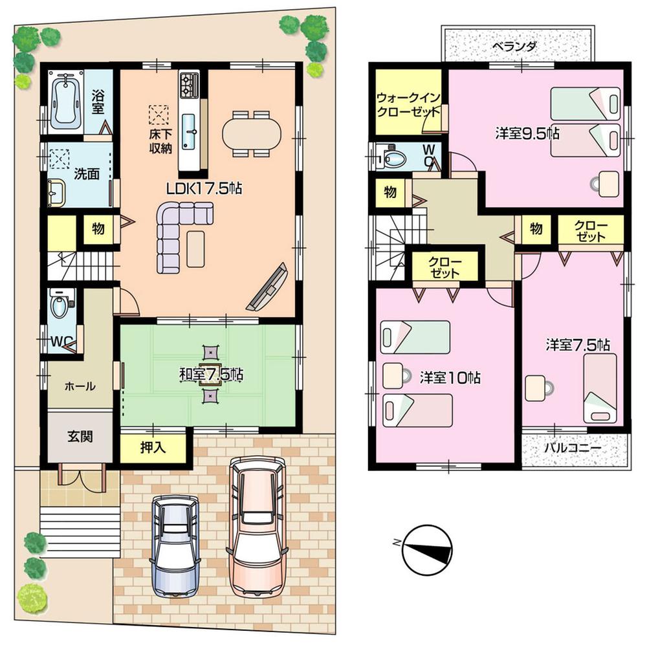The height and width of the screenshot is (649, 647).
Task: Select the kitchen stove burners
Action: pos(190,83)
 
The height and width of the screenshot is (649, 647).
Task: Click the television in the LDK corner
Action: pos(267,289)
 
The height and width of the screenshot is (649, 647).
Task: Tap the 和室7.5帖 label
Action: pos(211,374)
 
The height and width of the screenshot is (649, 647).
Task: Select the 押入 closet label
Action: pos(153,447)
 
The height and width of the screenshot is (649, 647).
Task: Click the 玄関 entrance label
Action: pos(80,435)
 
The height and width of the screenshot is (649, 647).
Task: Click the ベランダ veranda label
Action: pos(513,47)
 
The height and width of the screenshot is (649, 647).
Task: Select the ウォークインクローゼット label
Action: pos(409,104)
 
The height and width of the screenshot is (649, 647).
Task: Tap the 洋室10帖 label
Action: pos(449,377)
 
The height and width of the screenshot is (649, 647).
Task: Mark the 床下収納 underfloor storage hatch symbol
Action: pos(158,115)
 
